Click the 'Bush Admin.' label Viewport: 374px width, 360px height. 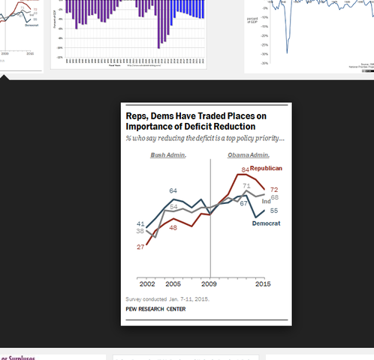[167, 155]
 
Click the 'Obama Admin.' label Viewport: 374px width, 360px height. [249, 155]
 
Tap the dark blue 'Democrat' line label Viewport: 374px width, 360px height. [266, 223]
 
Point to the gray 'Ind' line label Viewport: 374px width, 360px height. [266, 201]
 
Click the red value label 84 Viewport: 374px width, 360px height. [245, 169]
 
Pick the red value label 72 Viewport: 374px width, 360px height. [274, 190]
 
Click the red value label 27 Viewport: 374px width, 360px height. [140, 246]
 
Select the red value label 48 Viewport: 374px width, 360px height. [173, 226]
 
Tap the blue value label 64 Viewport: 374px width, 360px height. [173, 190]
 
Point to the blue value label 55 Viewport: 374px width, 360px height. [274, 211]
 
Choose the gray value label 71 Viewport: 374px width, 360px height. [246, 185]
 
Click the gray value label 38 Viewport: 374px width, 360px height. [140, 232]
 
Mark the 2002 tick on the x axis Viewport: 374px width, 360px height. [147, 285]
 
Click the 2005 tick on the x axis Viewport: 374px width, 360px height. [173, 285]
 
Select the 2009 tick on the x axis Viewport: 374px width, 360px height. [210, 285]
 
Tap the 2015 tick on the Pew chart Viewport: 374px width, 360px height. [263, 285]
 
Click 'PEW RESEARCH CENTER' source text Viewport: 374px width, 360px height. [155, 309]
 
